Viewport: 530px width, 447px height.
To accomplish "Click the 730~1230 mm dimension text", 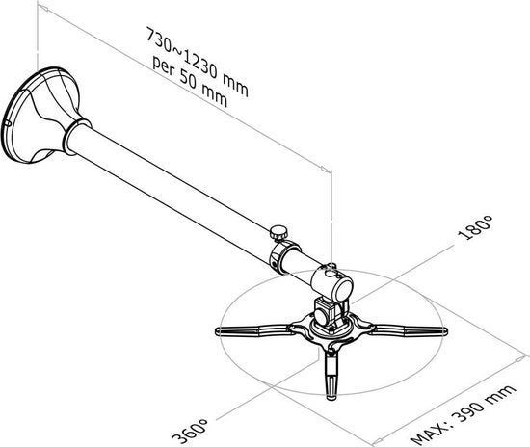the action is [x=197, y=62].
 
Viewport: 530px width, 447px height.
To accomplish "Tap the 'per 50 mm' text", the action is [x=190, y=82].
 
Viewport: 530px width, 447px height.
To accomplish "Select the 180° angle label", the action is [x=474, y=227].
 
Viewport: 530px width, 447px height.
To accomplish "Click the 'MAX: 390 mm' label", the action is [x=464, y=414].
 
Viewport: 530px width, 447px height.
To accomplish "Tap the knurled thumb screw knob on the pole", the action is [x=278, y=233].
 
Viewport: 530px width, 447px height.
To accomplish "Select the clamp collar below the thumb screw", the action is [x=284, y=257].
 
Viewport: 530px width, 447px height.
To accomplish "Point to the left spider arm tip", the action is [x=219, y=331].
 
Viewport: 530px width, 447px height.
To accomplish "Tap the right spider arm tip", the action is [x=444, y=331].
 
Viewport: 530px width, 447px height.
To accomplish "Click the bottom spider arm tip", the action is [x=331, y=395].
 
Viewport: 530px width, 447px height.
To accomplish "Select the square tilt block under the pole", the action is [x=328, y=312].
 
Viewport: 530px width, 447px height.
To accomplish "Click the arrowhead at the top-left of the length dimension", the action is [x=43, y=8].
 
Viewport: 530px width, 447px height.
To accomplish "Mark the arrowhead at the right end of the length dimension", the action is [x=326, y=170].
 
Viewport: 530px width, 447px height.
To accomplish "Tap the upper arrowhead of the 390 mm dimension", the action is [x=520, y=359].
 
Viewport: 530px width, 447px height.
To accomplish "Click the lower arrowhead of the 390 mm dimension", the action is [x=378, y=440].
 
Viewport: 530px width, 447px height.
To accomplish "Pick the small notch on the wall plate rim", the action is [x=8, y=123].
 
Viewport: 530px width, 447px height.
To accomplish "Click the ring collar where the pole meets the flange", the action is [x=76, y=137].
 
